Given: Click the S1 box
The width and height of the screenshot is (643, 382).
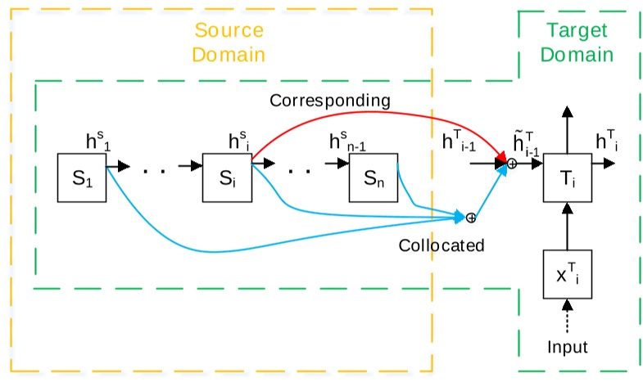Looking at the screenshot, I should [x=81, y=177].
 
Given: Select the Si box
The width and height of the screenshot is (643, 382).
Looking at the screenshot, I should [x=227, y=177].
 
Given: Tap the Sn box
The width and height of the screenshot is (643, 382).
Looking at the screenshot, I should [x=373, y=177].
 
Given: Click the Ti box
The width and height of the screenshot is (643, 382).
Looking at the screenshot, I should [x=566, y=177].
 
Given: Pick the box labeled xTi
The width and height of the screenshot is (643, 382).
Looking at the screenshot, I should [x=566, y=274].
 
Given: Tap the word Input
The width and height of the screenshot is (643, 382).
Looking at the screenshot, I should [x=568, y=346].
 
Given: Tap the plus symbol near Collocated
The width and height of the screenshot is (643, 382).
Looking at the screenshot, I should [x=471, y=218].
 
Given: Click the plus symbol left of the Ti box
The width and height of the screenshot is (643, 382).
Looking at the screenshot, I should [x=512, y=164].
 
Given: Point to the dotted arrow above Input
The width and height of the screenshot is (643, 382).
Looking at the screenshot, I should [x=566, y=317].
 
